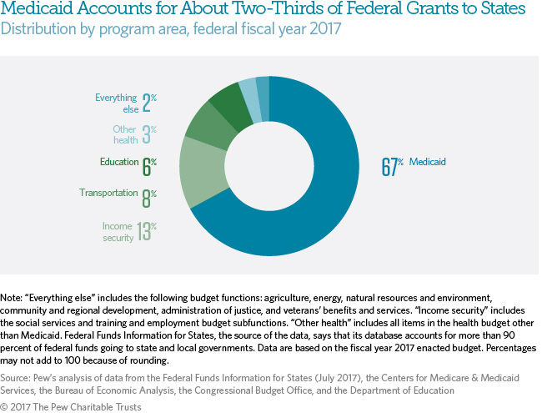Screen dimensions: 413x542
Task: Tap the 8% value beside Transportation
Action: [148, 197]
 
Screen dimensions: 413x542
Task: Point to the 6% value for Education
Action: [148, 165]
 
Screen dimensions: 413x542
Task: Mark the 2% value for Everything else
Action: [148, 103]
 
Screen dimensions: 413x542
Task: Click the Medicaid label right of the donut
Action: [429, 162]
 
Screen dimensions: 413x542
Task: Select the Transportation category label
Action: [108, 194]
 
